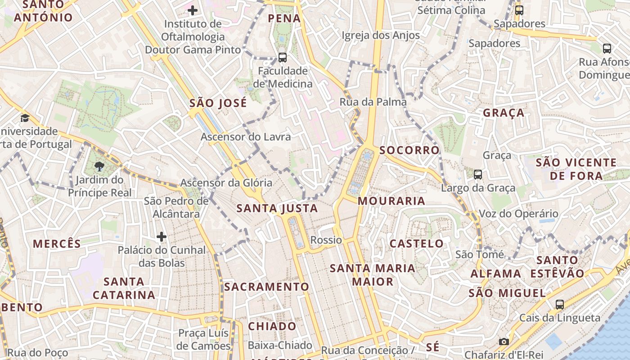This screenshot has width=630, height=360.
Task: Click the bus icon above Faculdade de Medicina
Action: pyautogui.click(x=283, y=57)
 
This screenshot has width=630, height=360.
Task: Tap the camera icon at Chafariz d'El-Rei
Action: pyautogui.click(x=504, y=342)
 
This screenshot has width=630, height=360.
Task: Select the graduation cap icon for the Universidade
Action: pyautogui.click(x=25, y=118)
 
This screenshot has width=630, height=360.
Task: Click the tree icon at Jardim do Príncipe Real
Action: pyautogui.click(x=99, y=166)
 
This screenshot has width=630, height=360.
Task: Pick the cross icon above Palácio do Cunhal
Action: pyautogui.click(x=162, y=236)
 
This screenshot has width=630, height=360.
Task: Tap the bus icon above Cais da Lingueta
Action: pyautogui.click(x=560, y=304)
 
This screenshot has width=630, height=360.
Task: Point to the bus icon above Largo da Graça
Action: pyautogui.click(x=478, y=174)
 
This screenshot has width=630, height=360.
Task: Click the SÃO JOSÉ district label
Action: pyautogui.click(x=218, y=103)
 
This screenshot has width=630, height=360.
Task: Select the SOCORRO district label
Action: pyautogui.click(x=409, y=150)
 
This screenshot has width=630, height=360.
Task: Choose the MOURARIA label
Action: pyautogui.click(x=391, y=201)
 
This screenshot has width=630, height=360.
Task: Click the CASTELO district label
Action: pyautogui.click(x=416, y=244)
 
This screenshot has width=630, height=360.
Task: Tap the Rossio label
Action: pyautogui.click(x=326, y=240)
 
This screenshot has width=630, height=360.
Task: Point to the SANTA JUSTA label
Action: pyautogui.click(x=277, y=208)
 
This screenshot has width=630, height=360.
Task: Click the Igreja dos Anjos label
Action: pyautogui.click(x=381, y=35)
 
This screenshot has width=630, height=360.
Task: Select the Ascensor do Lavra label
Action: pyautogui.click(x=246, y=137)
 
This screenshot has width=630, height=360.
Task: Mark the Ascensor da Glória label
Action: pyautogui.click(x=226, y=183)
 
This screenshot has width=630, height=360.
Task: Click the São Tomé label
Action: pyautogui.click(x=480, y=254)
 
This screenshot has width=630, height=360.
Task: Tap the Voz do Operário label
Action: pyautogui.click(x=518, y=214)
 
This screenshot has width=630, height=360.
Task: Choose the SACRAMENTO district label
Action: pyautogui.click(x=267, y=287)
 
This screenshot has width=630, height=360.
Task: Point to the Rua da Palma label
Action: pyautogui.click(x=373, y=102)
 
